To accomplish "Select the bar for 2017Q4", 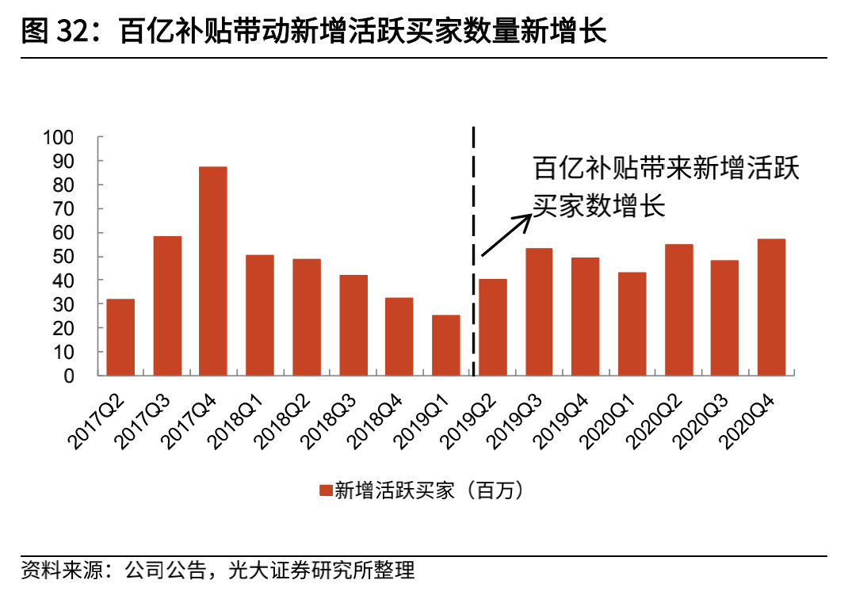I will tap(213, 271).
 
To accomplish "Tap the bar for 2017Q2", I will tap(120, 337).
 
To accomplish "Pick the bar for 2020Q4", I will tap(771, 307).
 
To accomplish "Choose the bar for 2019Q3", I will tap(539, 311).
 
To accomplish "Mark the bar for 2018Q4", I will tap(399, 336).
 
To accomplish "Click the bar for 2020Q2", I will tap(678, 310).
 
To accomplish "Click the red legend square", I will tap(325, 490).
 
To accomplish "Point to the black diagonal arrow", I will tap(506, 235).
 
